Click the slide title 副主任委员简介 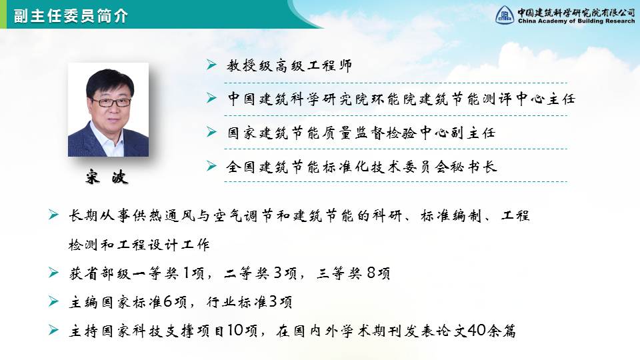point(71,16)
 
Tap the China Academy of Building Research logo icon point(505,15)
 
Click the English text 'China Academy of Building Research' point(576,21)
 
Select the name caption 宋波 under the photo point(107,177)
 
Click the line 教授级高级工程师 point(289,65)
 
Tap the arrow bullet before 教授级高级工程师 point(211,65)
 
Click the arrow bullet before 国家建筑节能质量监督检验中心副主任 point(211,132)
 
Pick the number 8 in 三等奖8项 point(371,273)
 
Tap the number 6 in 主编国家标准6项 point(168,301)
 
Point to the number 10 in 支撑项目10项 point(235,330)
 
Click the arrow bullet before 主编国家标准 point(53,301)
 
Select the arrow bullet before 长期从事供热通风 point(53,214)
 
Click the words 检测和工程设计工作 point(139,245)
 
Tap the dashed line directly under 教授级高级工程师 point(395,83)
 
